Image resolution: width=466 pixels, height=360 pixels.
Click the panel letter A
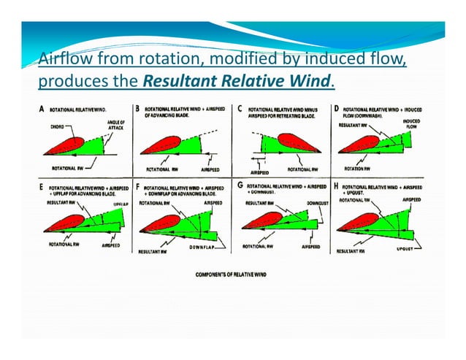click(42, 109)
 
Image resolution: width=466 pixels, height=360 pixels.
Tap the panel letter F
click(140, 188)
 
